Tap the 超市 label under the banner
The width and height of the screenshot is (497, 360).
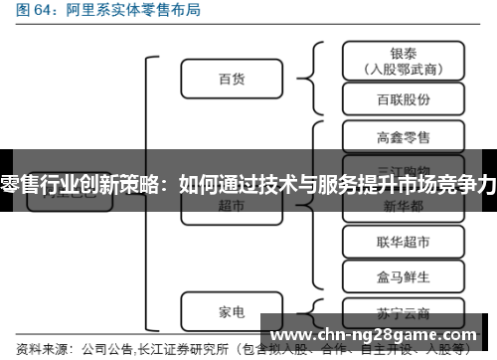point(231,205)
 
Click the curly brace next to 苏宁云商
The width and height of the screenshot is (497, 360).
point(316,309)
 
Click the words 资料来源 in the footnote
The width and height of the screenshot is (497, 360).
point(37,349)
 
